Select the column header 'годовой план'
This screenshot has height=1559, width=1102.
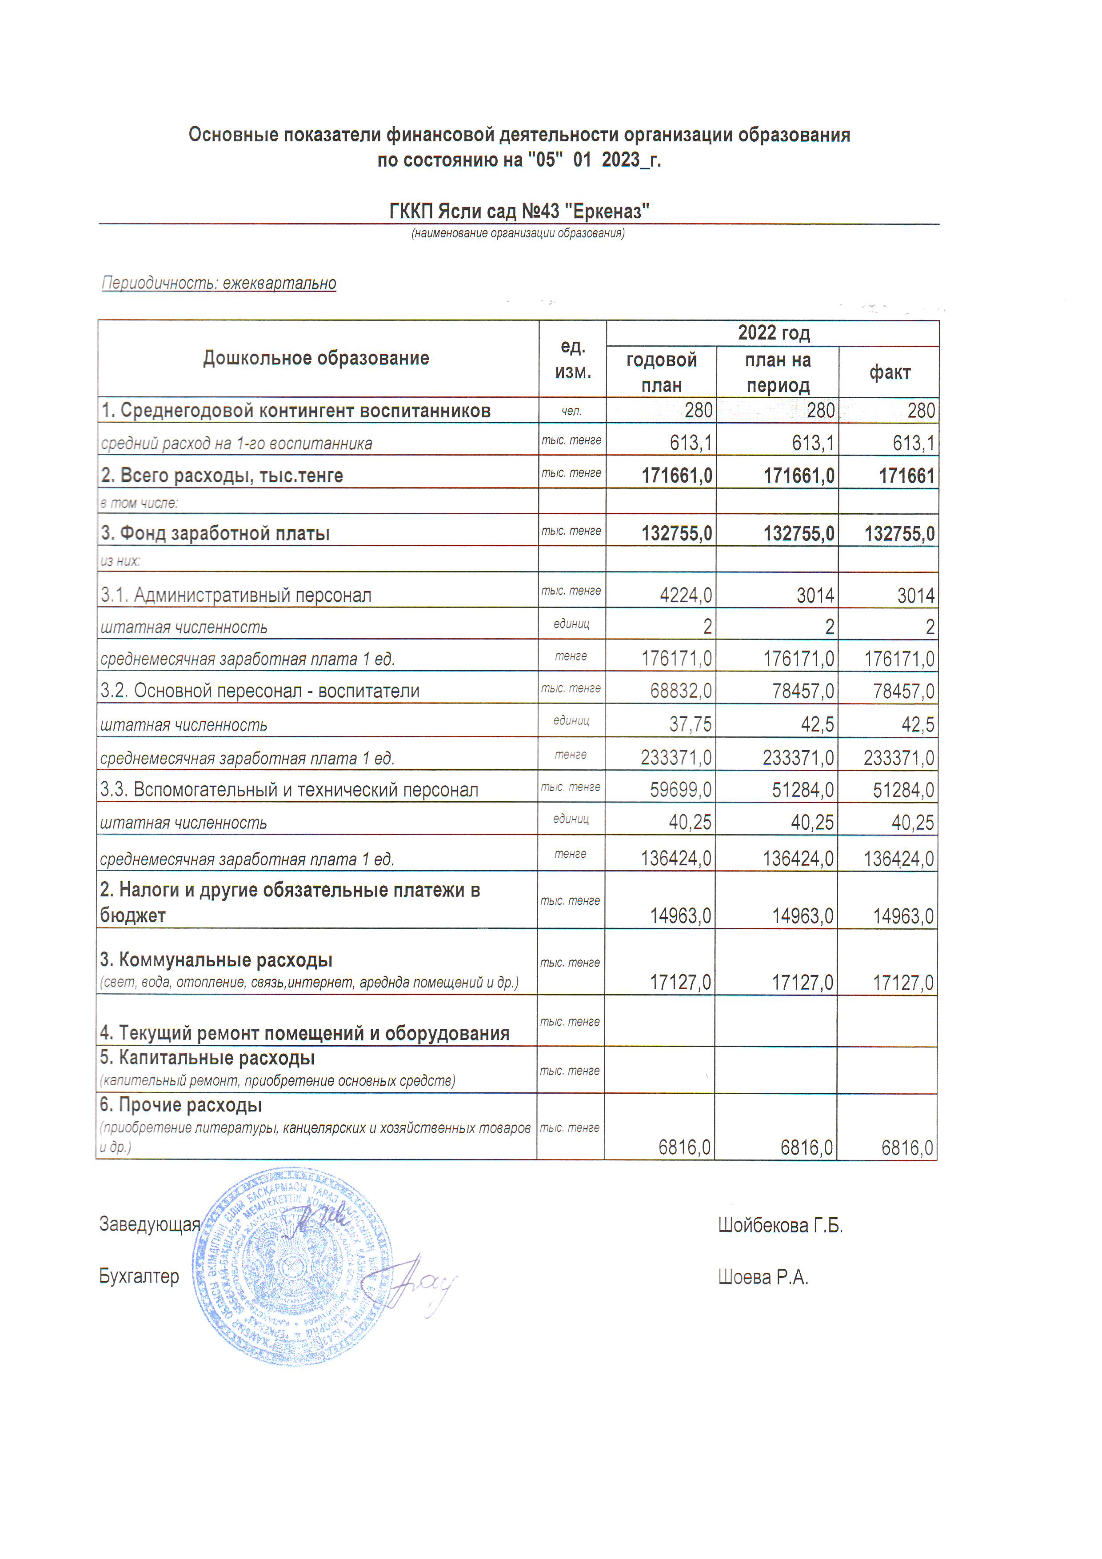pyautogui.click(x=661, y=372)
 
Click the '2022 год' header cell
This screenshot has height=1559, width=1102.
pyautogui.click(x=773, y=333)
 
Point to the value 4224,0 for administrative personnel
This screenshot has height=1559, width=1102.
pyautogui.click(x=686, y=596)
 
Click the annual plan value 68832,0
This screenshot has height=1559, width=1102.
pyautogui.click(x=680, y=691)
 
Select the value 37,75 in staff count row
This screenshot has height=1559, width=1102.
pyautogui.click(x=690, y=724)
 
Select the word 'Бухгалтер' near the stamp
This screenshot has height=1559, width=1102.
pyautogui.click(x=139, y=1276)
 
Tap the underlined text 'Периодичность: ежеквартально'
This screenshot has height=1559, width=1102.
pyautogui.click(x=219, y=283)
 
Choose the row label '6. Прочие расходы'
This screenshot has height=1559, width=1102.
pyautogui.click(x=180, y=1105)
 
